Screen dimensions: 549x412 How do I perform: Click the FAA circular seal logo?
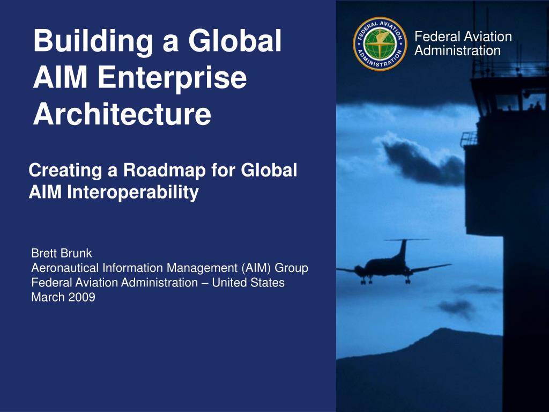click(380, 44)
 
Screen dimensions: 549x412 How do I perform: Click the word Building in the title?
click(93, 42)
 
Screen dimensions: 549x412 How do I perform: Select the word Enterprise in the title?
click(172, 78)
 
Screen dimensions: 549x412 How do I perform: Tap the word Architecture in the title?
click(122, 114)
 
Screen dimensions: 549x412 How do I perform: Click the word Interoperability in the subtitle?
click(133, 193)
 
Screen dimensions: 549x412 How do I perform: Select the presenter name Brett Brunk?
click(62, 253)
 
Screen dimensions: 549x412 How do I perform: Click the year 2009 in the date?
click(82, 297)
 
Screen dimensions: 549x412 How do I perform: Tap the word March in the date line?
click(48, 297)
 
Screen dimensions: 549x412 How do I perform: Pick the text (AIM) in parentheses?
click(256, 268)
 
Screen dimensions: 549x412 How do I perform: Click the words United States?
click(248, 282)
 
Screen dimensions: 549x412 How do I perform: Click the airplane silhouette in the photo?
click(394, 262)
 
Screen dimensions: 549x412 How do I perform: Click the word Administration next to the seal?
click(457, 51)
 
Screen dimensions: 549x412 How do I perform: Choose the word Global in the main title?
click(235, 41)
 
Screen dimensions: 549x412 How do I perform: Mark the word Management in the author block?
click(202, 268)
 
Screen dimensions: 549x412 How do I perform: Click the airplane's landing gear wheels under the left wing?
click(365, 280)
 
